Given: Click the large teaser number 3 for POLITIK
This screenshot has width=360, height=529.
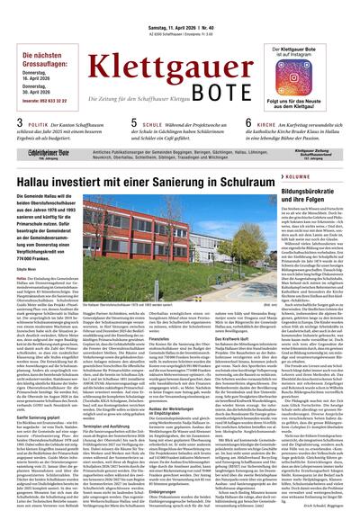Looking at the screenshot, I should (x=9, y=123).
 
